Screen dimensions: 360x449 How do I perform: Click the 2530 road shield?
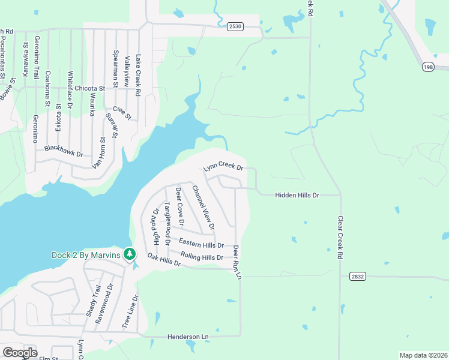pyautogui.click(x=235, y=26)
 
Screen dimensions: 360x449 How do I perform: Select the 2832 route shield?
pyautogui.click(x=357, y=276)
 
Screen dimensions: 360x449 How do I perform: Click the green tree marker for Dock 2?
pyautogui.click(x=129, y=255)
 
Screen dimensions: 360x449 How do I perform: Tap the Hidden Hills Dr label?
pyautogui.click(x=297, y=196)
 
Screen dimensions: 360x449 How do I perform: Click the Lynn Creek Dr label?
pyautogui.click(x=223, y=166)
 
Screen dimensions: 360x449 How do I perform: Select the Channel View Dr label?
pyautogui.click(x=203, y=207)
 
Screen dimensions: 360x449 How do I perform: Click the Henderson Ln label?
pyautogui.click(x=188, y=338)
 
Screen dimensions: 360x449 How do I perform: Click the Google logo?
pyautogui.click(x=20, y=353)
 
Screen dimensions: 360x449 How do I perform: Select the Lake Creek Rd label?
pyautogui.click(x=138, y=76)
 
